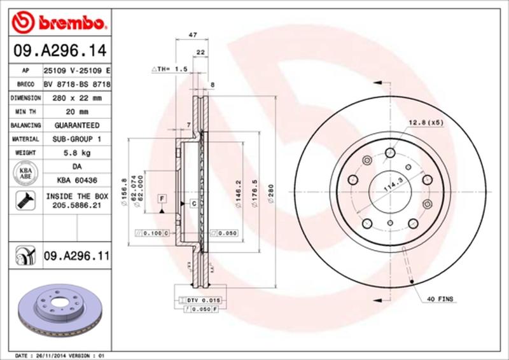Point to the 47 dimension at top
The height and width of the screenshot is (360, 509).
[x=192, y=36]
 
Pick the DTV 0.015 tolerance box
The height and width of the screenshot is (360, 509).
[x=202, y=299]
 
